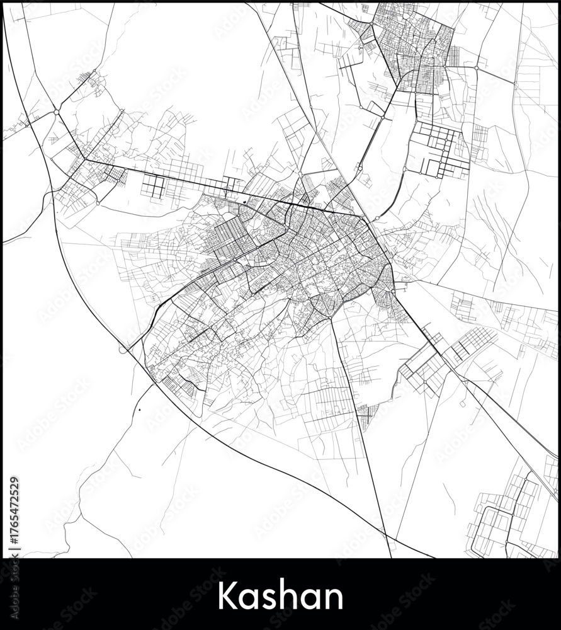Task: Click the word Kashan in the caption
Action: point(280,595)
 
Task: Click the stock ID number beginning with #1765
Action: point(14,510)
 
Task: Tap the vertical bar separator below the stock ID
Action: point(14,549)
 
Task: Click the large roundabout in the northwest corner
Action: point(57,112)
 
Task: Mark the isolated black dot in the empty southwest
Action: point(139,410)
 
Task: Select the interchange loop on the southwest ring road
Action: point(123,348)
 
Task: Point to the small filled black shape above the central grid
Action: point(244,201)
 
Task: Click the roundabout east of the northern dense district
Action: point(477,67)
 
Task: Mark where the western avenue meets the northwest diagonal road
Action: point(85,159)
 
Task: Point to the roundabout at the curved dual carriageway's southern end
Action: point(377,219)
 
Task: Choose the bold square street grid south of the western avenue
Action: point(153,185)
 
